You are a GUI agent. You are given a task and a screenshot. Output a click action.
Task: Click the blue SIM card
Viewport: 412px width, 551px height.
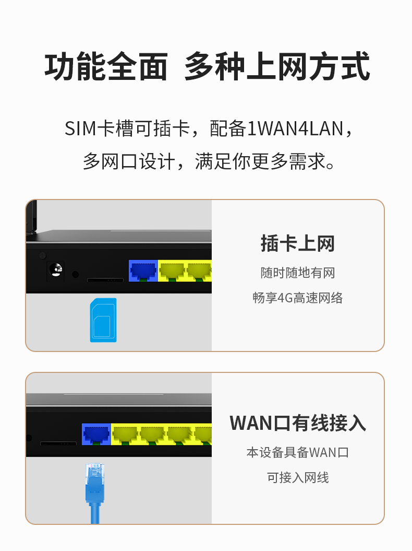(103, 320)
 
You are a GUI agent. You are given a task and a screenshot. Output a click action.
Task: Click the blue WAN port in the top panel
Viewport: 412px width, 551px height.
(143, 271)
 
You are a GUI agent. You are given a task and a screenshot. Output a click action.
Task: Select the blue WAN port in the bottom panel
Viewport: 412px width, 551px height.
(96, 435)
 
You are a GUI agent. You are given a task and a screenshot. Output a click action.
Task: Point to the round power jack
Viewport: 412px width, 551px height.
(56, 270)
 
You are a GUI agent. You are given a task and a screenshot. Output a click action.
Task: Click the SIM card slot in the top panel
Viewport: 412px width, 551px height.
(105, 280)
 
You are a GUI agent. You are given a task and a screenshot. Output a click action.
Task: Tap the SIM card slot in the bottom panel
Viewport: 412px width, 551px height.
(58, 443)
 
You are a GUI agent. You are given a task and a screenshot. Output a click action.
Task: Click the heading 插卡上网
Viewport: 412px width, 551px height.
(298, 243)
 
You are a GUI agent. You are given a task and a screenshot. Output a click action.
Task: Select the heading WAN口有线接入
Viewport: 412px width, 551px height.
(298, 423)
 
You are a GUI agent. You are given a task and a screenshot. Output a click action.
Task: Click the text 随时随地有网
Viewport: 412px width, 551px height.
(298, 273)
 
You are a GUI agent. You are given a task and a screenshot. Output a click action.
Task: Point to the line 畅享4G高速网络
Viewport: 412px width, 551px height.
(298, 298)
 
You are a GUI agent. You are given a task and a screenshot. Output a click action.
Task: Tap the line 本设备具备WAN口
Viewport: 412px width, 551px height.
(298, 452)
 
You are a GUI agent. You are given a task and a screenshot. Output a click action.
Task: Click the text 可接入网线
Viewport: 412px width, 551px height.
(298, 477)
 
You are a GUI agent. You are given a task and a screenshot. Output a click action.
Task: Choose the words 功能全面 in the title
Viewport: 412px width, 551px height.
(106, 66)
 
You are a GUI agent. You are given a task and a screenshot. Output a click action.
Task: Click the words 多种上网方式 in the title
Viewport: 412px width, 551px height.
(277, 66)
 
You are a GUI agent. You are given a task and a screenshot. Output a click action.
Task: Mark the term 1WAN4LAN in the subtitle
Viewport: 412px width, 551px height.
(295, 128)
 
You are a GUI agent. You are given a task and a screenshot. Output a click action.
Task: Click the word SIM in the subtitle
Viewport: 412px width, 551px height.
(80, 128)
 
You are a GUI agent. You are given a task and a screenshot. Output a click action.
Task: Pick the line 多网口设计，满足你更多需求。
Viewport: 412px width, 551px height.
(209, 162)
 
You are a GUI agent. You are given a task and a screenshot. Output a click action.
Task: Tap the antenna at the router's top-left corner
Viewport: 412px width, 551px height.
(32, 216)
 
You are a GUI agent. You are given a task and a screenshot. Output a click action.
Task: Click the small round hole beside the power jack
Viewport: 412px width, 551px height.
(76, 274)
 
